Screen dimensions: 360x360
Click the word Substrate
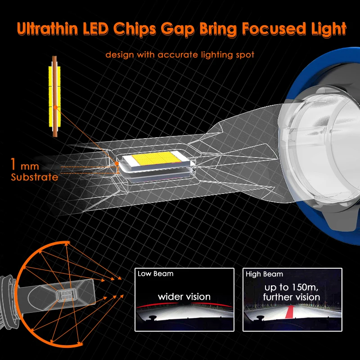click(35, 177)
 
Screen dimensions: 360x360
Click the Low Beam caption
click(155, 274)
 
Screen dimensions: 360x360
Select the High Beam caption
click(265, 274)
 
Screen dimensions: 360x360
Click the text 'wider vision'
click(184, 297)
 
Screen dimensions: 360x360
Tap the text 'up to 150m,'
click(292, 287)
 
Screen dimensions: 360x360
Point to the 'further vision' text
click(292, 297)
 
